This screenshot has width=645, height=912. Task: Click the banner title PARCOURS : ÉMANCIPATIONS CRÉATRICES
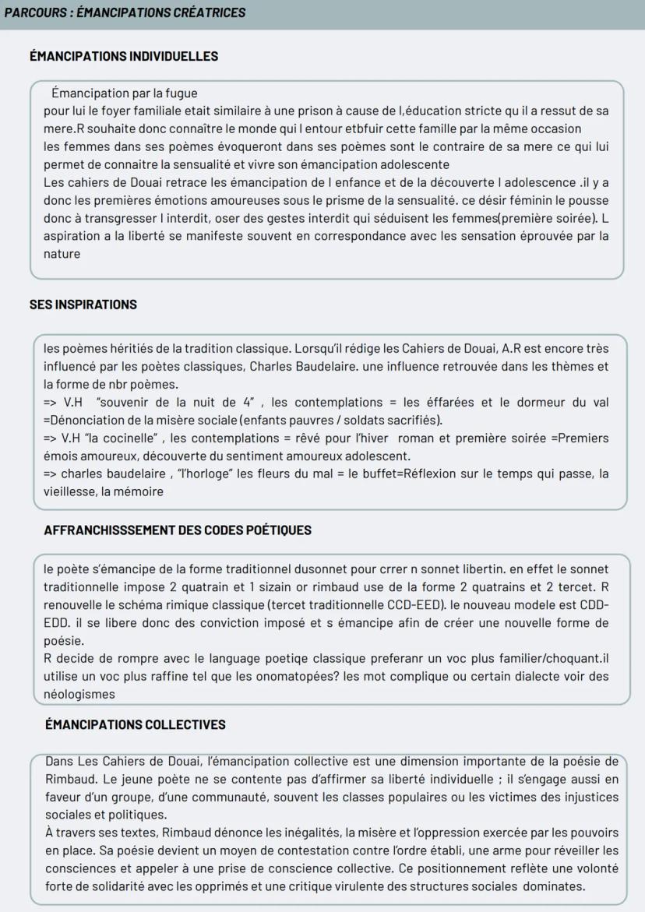click(x=124, y=13)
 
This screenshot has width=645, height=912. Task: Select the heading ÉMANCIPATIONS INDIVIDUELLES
click(x=124, y=56)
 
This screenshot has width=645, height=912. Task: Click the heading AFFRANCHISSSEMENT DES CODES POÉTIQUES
click(x=178, y=530)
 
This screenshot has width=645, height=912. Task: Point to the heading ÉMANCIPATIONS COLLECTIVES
click(x=136, y=724)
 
